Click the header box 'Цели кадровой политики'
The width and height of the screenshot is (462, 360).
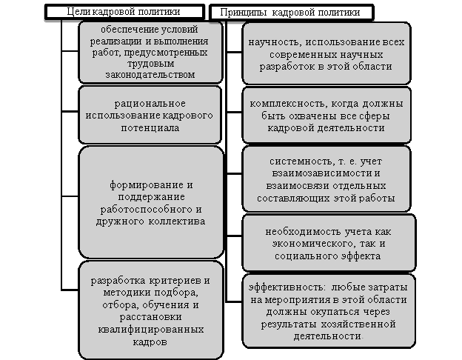click(124, 12)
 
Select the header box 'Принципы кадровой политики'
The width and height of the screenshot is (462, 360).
click(292, 13)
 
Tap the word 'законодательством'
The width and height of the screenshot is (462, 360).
click(150, 75)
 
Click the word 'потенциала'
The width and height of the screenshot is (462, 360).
click(150, 128)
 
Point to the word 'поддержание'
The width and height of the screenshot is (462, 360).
click(152, 196)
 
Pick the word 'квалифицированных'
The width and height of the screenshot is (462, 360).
click(151, 329)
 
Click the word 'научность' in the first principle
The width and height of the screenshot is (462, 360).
click(274, 42)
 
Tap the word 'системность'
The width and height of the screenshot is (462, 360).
click(301, 161)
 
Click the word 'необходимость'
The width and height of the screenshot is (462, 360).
click(298, 232)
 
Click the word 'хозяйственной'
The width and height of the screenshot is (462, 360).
click(358, 324)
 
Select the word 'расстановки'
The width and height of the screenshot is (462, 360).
click(150, 317)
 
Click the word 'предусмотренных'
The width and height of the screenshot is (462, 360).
click(166, 53)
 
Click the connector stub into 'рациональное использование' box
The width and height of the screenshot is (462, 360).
click(70, 111)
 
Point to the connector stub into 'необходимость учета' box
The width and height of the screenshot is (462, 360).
click(234, 236)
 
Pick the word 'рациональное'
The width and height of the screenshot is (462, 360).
click(150, 104)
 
